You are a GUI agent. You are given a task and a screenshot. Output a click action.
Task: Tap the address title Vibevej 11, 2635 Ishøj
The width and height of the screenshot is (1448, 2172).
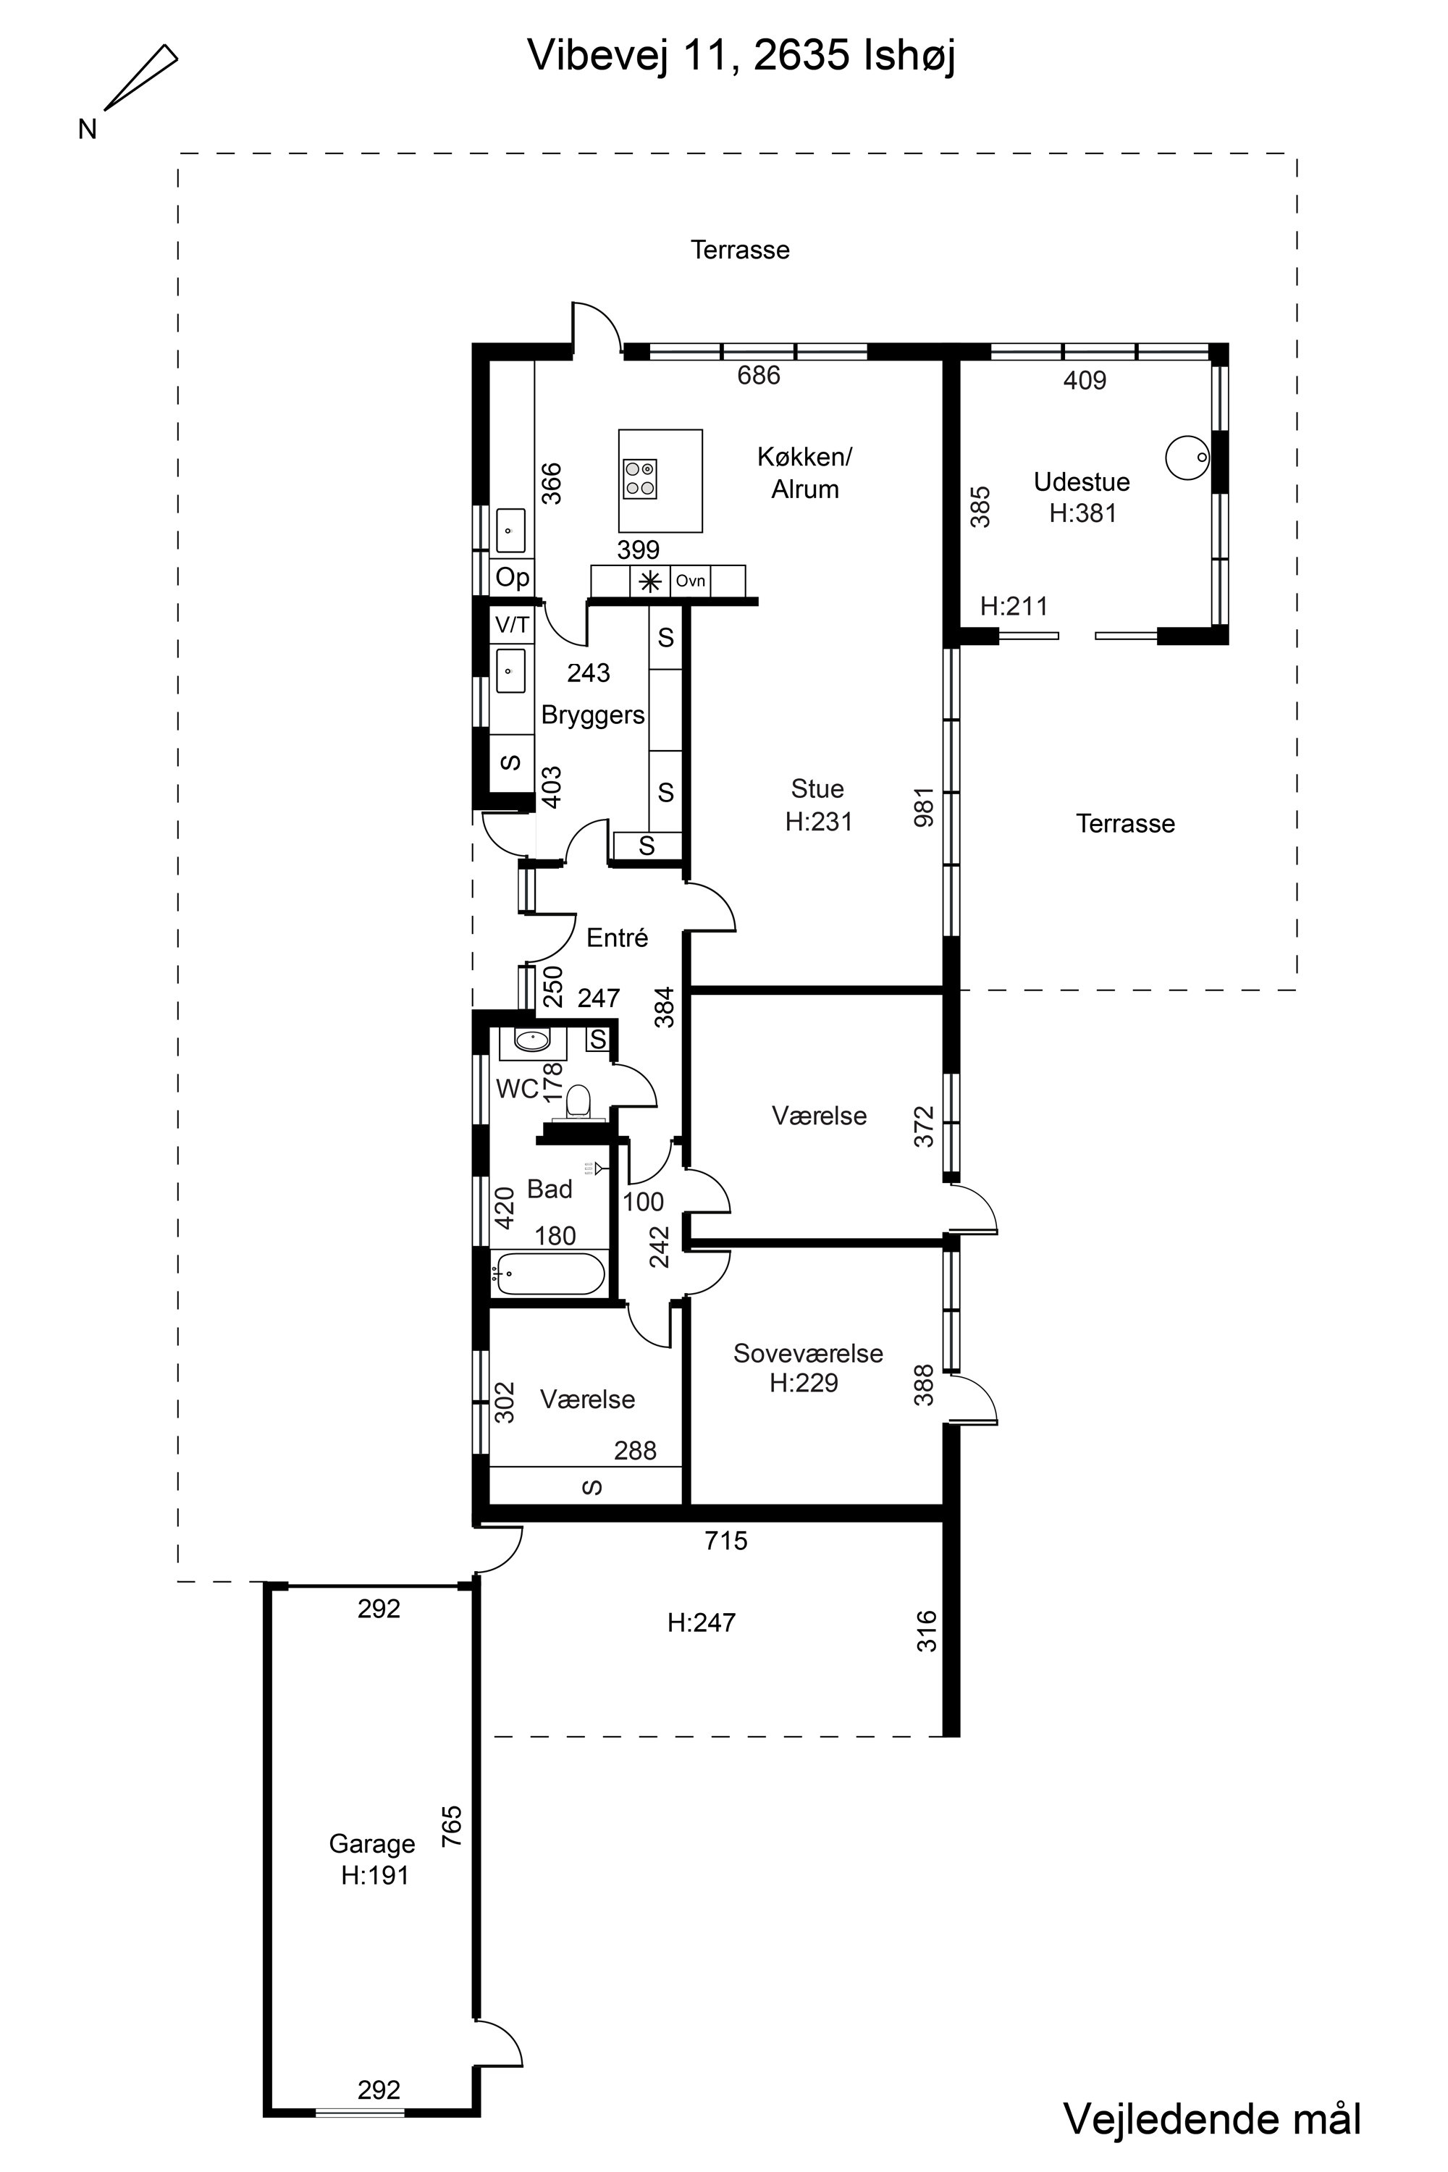741,56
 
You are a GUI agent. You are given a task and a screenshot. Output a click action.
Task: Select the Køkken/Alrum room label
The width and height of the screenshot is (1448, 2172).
805,473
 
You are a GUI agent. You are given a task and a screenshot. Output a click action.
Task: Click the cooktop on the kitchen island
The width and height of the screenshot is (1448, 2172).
640,479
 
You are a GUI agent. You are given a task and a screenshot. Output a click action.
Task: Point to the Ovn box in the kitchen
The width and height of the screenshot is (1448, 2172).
691,581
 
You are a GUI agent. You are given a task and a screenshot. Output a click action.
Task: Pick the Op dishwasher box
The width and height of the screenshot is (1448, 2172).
513,578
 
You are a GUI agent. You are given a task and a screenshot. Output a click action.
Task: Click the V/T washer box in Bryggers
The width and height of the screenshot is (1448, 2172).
513,626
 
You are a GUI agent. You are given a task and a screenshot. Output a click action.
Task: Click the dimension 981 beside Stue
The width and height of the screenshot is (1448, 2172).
925,807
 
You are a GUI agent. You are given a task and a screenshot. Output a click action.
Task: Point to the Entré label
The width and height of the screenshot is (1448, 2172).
618,938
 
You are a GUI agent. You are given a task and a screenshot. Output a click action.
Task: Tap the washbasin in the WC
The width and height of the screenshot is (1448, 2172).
533,1041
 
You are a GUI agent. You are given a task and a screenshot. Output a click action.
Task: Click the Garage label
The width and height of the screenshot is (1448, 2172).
372,1844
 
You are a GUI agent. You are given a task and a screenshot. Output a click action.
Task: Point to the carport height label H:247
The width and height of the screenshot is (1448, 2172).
702,1622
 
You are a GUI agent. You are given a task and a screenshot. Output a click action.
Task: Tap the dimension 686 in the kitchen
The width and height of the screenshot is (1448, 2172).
759,375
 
